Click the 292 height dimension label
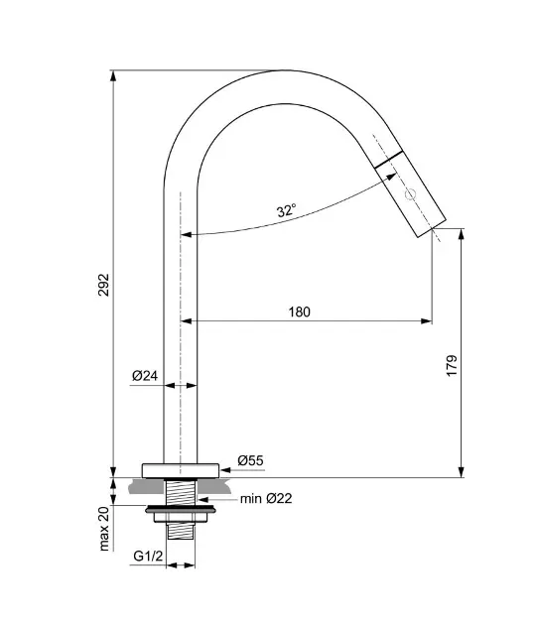(x=104, y=285)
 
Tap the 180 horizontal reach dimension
(x=299, y=312)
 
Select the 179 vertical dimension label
(x=452, y=365)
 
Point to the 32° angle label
(x=287, y=210)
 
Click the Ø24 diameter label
(x=145, y=375)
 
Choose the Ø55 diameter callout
(x=250, y=460)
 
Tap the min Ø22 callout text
(x=266, y=498)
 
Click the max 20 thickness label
(x=104, y=529)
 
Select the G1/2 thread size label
(x=148, y=556)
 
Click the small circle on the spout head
(x=411, y=194)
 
